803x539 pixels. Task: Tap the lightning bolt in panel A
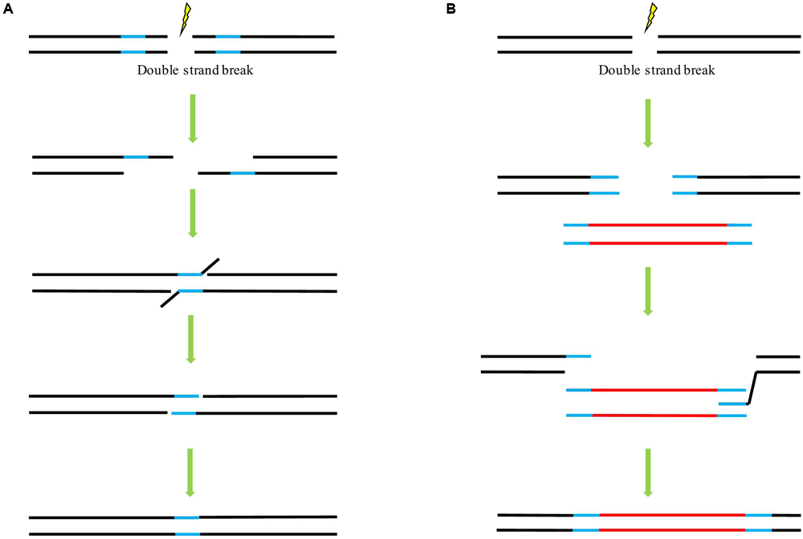(185, 19)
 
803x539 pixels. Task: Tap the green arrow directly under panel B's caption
(650, 122)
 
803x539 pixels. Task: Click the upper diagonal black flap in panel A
(210, 265)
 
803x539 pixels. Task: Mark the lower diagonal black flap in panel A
(170, 298)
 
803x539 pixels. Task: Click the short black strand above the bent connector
(777, 356)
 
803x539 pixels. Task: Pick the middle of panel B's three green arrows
(650, 290)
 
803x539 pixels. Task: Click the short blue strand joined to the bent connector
(732, 403)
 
